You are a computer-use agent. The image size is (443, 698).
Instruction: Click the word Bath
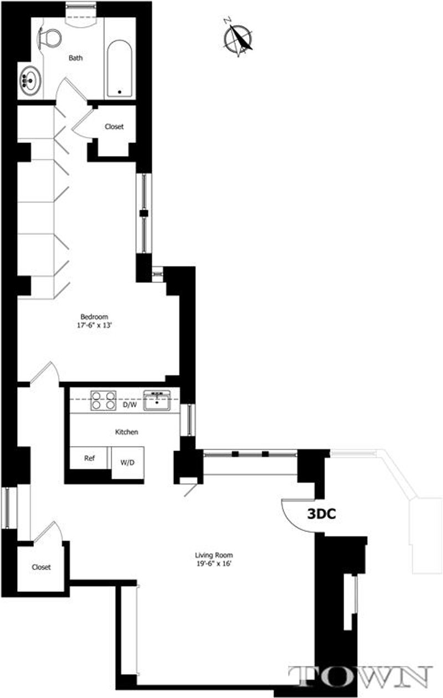click(x=76, y=58)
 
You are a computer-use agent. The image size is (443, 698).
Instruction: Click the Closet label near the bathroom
click(x=114, y=127)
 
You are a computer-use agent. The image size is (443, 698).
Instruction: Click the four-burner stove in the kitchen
click(x=104, y=400)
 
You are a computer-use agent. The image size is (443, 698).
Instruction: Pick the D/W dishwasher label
click(x=129, y=405)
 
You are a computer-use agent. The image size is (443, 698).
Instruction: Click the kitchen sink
click(x=157, y=400)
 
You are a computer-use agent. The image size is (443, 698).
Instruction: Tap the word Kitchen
click(x=126, y=432)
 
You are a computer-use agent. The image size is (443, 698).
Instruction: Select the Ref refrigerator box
click(x=90, y=458)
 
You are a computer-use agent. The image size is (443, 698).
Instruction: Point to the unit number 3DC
click(x=322, y=513)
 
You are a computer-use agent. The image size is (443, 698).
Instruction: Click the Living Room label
click(x=213, y=555)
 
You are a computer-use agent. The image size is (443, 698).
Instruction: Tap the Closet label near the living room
click(x=41, y=567)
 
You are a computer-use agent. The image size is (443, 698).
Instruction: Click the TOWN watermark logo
click(x=360, y=676)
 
